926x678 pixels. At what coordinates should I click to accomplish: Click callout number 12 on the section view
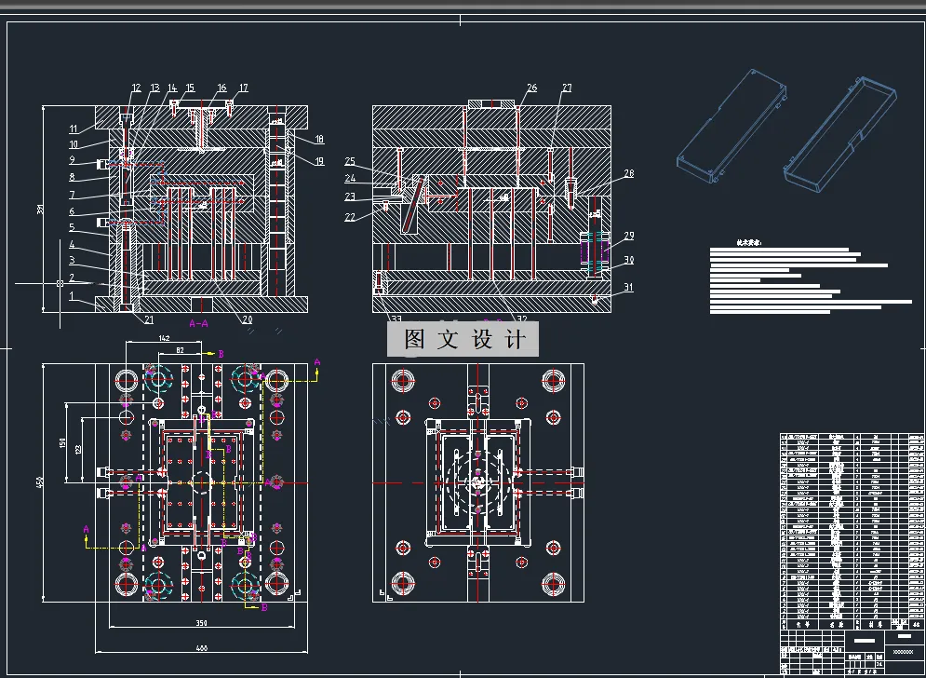click(136, 88)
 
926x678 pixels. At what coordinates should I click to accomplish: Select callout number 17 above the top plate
click(243, 88)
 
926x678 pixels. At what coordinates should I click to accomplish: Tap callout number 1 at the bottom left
click(71, 295)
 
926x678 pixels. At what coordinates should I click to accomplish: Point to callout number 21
click(148, 319)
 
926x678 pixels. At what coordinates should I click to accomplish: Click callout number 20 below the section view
click(248, 319)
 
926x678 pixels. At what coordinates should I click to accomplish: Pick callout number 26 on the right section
click(531, 88)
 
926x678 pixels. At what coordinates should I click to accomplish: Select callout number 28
click(629, 173)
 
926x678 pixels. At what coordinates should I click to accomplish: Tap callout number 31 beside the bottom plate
click(629, 288)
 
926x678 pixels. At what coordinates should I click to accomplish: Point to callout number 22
click(350, 217)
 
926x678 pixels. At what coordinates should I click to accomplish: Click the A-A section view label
click(198, 323)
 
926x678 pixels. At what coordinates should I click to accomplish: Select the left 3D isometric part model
click(733, 123)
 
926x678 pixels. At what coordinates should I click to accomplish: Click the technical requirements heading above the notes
click(747, 242)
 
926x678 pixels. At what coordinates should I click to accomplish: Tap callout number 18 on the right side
click(318, 140)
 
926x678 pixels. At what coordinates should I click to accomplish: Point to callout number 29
click(629, 236)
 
